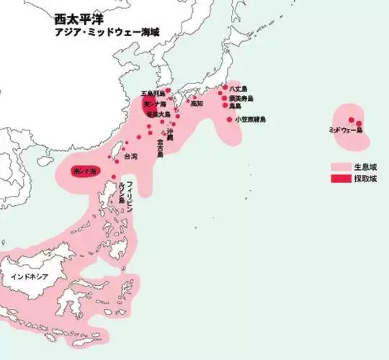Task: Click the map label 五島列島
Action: click(x=153, y=94)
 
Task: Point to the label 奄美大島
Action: click(x=158, y=114)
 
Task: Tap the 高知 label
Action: click(x=197, y=103)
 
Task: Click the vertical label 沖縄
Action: click(x=170, y=135)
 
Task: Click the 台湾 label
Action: click(x=130, y=156)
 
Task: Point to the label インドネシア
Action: click(x=29, y=276)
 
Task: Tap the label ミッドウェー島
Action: click(x=345, y=130)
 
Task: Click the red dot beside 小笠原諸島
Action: click(x=230, y=119)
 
